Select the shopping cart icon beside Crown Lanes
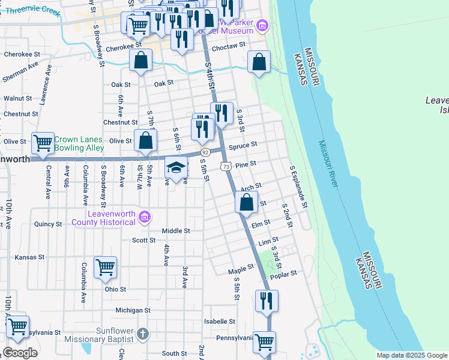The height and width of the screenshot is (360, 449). (x=43, y=143)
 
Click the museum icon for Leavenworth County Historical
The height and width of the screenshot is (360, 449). (x=144, y=217)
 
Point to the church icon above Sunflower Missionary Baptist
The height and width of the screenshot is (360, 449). (x=142, y=333)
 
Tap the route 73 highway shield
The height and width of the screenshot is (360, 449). (x=225, y=166)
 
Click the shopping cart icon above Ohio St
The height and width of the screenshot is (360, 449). (x=106, y=268)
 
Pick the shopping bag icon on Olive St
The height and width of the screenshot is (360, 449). (x=145, y=141)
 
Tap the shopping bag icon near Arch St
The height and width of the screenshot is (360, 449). (x=246, y=203)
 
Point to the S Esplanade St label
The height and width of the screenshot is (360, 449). (x=298, y=187)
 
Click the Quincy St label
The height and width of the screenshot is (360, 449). (x=49, y=224)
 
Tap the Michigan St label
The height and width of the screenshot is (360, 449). (x=133, y=310)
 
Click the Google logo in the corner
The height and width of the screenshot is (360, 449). (x=20, y=353)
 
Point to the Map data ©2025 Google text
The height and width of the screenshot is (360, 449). (x=412, y=355)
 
